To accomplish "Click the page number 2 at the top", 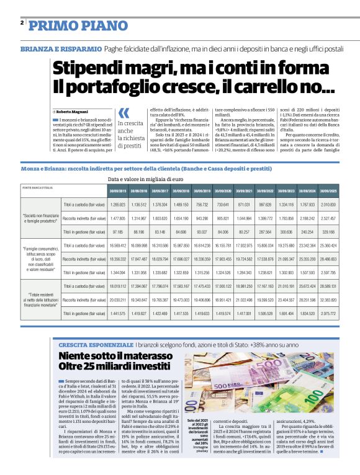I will point(22,23).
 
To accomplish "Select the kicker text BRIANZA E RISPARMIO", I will point(61,48).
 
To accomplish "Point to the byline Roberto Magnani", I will point(74,110).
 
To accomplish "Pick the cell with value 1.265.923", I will point(117,204).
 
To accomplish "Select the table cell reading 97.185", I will point(117,231).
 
